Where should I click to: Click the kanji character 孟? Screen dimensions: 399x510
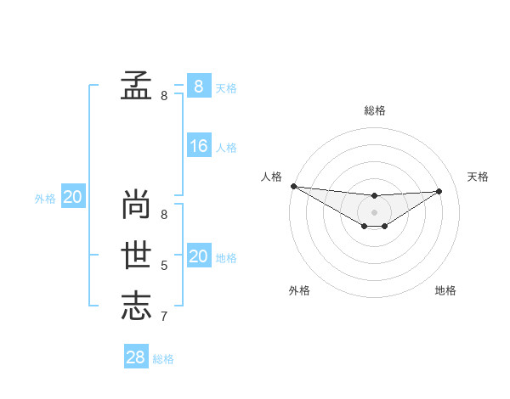[x=136, y=85]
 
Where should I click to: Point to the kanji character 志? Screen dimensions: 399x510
[x=136, y=306]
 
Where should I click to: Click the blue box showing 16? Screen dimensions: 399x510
[x=198, y=146]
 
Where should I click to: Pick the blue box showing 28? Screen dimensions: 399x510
[x=135, y=357]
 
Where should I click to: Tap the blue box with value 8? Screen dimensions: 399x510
[x=198, y=86]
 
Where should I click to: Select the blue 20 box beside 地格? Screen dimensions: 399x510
[x=198, y=256]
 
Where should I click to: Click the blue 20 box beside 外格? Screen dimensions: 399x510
[x=72, y=197]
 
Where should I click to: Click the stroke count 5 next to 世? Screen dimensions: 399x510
[x=164, y=266]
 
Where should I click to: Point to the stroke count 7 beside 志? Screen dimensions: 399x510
[x=164, y=317]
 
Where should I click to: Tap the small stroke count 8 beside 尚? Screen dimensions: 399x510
[x=164, y=215]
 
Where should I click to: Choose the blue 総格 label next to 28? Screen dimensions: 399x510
[x=163, y=359]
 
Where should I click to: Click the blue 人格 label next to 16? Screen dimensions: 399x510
[x=226, y=148]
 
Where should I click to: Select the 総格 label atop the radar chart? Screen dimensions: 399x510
[x=375, y=110]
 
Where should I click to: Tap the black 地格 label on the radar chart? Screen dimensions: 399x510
[x=445, y=290]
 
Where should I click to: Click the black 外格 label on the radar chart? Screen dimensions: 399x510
[x=299, y=290]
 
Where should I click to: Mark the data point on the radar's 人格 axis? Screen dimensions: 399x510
[x=293, y=186]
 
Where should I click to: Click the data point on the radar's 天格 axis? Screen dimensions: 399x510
[x=439, y=191]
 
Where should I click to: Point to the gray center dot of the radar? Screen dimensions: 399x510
[x=374, y=211]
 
